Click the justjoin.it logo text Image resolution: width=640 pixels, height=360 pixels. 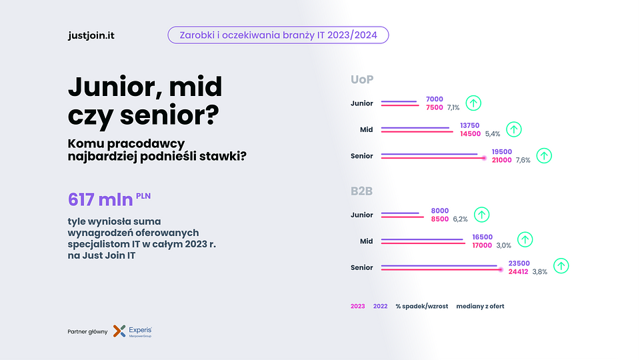pyautogui.click(x=91, y=35)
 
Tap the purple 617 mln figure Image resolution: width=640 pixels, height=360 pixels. pyautogui.click(x=100, y=199)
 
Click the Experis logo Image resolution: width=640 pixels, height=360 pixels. pyautogui.click(x=133, y=331)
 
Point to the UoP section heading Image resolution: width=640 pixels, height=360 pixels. pyautogui.click(x=362, y=79)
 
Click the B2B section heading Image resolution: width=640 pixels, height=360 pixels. pyautogui.click(x=361, y=191)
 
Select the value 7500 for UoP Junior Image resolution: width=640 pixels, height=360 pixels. pyautogui.click(x=434, y=107)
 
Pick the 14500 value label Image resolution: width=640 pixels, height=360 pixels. pyautogui.click(x=470, y=133)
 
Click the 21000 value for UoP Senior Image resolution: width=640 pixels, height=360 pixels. pyautogui.click(x=501, y=160)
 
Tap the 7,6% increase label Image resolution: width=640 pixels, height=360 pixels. pyautogui.click(x=523, y=161)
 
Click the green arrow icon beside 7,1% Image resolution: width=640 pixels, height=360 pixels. pyautogui.click(x=473, y=103)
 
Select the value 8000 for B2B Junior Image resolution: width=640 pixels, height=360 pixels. pyautogui.click(x=440, y=210)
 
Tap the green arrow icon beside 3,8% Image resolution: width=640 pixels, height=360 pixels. pyautogui.click(x=561, y=266)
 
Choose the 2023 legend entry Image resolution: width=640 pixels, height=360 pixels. pyautogui.click(x=358, y=307)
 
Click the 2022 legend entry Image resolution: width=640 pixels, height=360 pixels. pyautogui.click(x=380, y=307)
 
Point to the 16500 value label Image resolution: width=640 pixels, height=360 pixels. pyautogui.click(x=481, y=237)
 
